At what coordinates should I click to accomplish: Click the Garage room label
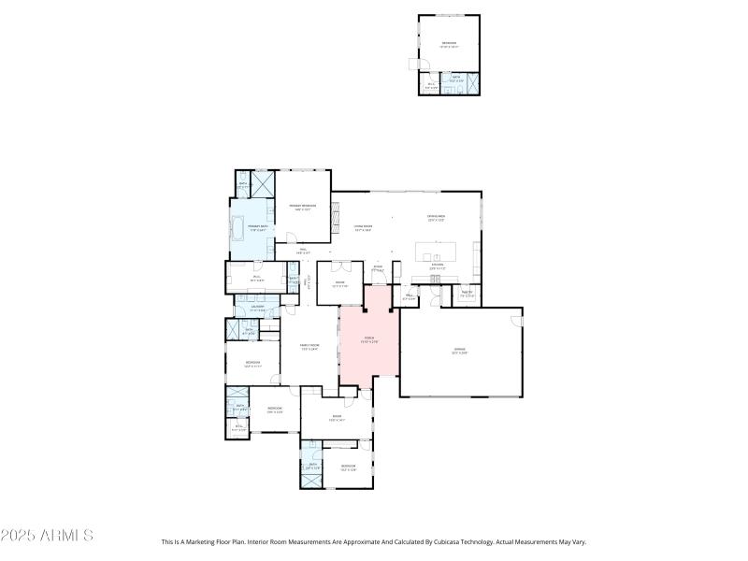(x=459, y=352)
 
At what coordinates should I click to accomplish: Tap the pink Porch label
(x=368, y=340)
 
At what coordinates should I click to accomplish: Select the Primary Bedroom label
(x=302, y=207)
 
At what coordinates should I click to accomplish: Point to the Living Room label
(x=363, y=227)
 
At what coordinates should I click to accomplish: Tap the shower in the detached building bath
(x=472, y=83)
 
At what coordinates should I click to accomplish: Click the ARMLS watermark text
(x=46, y=536)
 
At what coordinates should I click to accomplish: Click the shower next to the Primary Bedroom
(x=264, y=181)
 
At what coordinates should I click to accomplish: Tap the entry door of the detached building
(x=415, y=64)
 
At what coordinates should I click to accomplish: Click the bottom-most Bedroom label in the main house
(x=349, y=467)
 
